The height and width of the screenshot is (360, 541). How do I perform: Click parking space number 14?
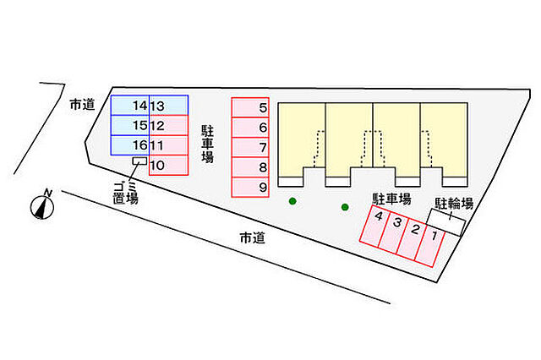[130, 105]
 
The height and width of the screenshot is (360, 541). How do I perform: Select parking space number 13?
[169, 105]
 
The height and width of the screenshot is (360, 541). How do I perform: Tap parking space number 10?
[169, 165]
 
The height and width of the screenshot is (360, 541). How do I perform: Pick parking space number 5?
[250, 107]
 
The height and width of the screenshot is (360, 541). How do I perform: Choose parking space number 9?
[250, 188]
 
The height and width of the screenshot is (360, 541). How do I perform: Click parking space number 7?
[250, 147]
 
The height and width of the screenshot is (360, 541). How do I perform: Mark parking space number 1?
[430, 246]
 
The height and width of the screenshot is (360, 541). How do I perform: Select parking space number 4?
[374, 226]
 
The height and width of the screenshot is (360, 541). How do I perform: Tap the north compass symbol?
[42, 205]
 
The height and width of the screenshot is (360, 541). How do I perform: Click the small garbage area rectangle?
[139, 161]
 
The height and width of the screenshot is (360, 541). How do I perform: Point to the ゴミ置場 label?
[126, 193]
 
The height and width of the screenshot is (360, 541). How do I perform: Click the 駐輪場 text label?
[454, 204]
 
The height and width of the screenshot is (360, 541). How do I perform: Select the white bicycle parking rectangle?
[446, 222]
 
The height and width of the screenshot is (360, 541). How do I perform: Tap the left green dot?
[292, 201]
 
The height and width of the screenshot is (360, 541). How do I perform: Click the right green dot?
[345, 207]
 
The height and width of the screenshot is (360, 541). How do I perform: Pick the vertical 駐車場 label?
[208, 145]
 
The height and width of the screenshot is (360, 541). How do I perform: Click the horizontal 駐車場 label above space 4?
[391, 199]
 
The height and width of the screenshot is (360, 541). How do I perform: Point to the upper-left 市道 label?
[82, 105]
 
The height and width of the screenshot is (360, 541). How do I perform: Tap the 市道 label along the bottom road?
[253, 238]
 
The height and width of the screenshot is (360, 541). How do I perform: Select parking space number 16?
[130, 145]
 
